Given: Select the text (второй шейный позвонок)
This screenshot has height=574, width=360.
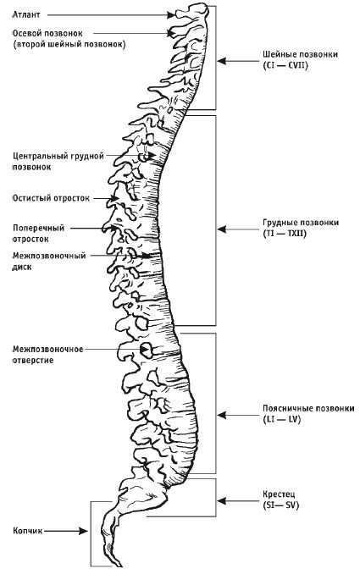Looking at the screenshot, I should (x=68, y=44).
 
